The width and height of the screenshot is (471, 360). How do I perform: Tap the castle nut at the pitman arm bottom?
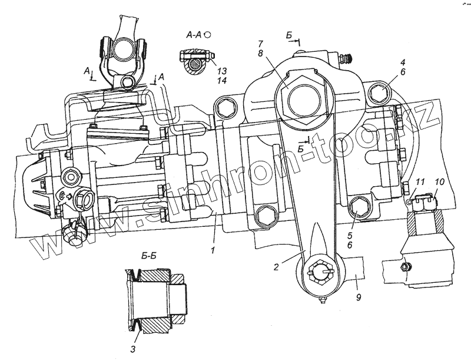pyautogui.click(x=318, y=272)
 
